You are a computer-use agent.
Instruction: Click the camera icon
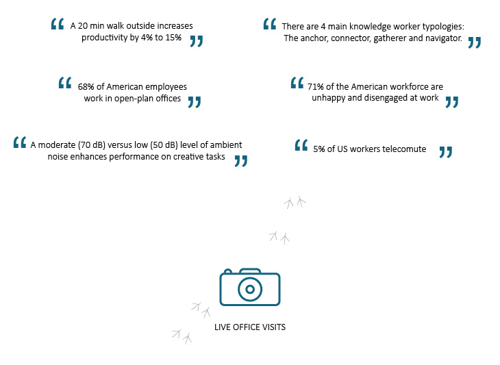click(250, 287)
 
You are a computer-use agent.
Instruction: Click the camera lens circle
click(250, 289)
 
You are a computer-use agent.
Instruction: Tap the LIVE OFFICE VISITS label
click(250, 327)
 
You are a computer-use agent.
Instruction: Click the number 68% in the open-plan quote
click(86, 87)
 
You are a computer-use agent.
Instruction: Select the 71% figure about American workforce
click(316, 87)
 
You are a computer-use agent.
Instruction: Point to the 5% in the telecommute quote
click(319, 149)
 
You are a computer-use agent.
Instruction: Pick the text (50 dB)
click(160, 144)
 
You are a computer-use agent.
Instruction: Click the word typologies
click(442, 26)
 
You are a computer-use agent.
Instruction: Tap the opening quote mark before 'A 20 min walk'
click(57, 24)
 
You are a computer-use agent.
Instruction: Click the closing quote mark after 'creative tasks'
click(240, 161)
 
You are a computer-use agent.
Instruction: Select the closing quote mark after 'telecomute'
click(445, 151)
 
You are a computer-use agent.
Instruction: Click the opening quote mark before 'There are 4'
click(269, 24)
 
